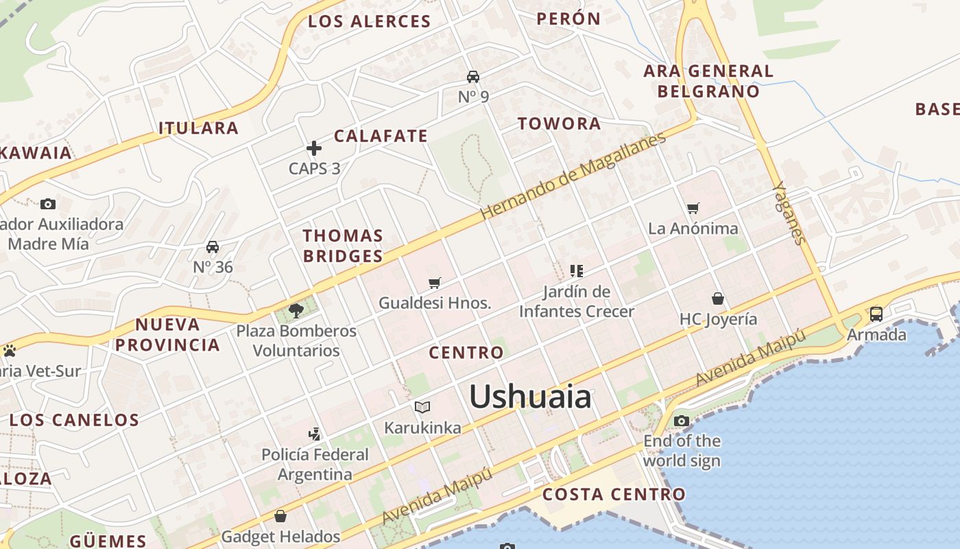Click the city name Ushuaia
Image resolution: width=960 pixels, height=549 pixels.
pyautogui.click(x=530, y=397)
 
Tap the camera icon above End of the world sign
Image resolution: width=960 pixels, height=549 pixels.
pyautogui.click(x=681, y=421)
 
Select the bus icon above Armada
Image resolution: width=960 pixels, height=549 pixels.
pyautogui.click(x=876, y=314)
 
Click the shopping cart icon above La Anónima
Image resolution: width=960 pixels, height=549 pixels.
pyautogui.click(x=693, y=208)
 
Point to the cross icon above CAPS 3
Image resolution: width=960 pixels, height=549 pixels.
pyautogui.click(x=314, y=148)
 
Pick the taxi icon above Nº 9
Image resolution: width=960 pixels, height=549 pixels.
pyautogui.click(x=473, y=76)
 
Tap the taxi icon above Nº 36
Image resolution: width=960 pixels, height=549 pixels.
pyautogui.click(x=213, y=247)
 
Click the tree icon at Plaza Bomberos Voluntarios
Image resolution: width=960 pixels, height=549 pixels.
pyautogui.click(x=296, y=311)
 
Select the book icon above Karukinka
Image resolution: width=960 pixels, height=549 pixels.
pyautogui.click(x=422, y=408)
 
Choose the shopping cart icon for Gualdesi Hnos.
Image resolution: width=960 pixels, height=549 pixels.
pyautogui.click(x=435, y=283)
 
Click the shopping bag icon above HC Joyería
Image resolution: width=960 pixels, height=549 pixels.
pyautogui.click(x=718, y=299)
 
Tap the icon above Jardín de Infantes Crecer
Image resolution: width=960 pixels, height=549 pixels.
pyautogui.click(x=577, y=271)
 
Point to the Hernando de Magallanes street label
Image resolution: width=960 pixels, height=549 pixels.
pyautogui.click(x=573, y=176)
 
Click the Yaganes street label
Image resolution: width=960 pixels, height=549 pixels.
pyautogui.click(x=789, y=213)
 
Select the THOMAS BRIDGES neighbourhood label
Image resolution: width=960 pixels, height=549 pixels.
pyautogui.click(x=343, y=246)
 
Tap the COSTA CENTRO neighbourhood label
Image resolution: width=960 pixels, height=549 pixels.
pyautogui.click(x=614, y=494)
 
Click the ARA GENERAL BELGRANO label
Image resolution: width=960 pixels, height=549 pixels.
pyautogui.click(x=708, y=81)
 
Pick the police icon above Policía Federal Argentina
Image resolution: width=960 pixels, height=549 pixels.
pyautogui.click(x=315, y=434)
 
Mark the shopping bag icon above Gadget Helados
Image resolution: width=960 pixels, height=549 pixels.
pyautogui.click(x=280, y=515)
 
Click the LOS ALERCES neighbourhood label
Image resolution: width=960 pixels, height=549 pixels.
pyautogui.click(x=369, y=21)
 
